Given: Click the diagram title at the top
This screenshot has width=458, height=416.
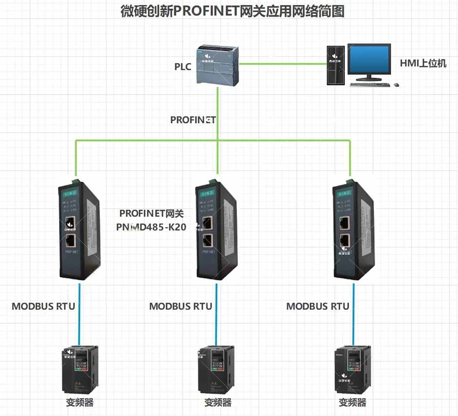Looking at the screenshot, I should coord(232,11).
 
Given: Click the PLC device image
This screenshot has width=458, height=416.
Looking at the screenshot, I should coord(218,65).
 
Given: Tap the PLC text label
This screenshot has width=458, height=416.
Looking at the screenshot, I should coord(182,67).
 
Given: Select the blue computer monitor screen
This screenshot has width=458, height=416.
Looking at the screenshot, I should coord(369,60).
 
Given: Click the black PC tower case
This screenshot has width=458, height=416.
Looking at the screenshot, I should coord(336,65).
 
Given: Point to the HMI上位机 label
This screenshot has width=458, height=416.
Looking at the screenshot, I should coord(423,64).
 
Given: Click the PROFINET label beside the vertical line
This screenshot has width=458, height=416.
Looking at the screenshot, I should coord(193,120).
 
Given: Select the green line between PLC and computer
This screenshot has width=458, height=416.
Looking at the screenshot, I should coord(283,64).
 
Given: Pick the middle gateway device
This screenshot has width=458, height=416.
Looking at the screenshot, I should coord(216,231).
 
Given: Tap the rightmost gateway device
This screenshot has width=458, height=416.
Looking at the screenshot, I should coord(353,231).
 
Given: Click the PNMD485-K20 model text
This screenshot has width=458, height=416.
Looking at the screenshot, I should coord(151,227).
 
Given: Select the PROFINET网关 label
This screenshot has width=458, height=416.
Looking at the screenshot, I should coord(151,214).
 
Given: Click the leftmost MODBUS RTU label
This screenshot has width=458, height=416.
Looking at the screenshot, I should coord(43,307).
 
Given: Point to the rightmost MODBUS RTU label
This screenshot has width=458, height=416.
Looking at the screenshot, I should coord(318,307).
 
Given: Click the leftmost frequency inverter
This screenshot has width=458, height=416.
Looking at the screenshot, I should coord(80,369).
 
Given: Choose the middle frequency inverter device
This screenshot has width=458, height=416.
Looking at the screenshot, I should coord(216,369).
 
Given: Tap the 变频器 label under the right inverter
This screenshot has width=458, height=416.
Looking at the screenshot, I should coord(352,403).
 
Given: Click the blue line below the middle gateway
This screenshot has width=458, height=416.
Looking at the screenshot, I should coord(216,315).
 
